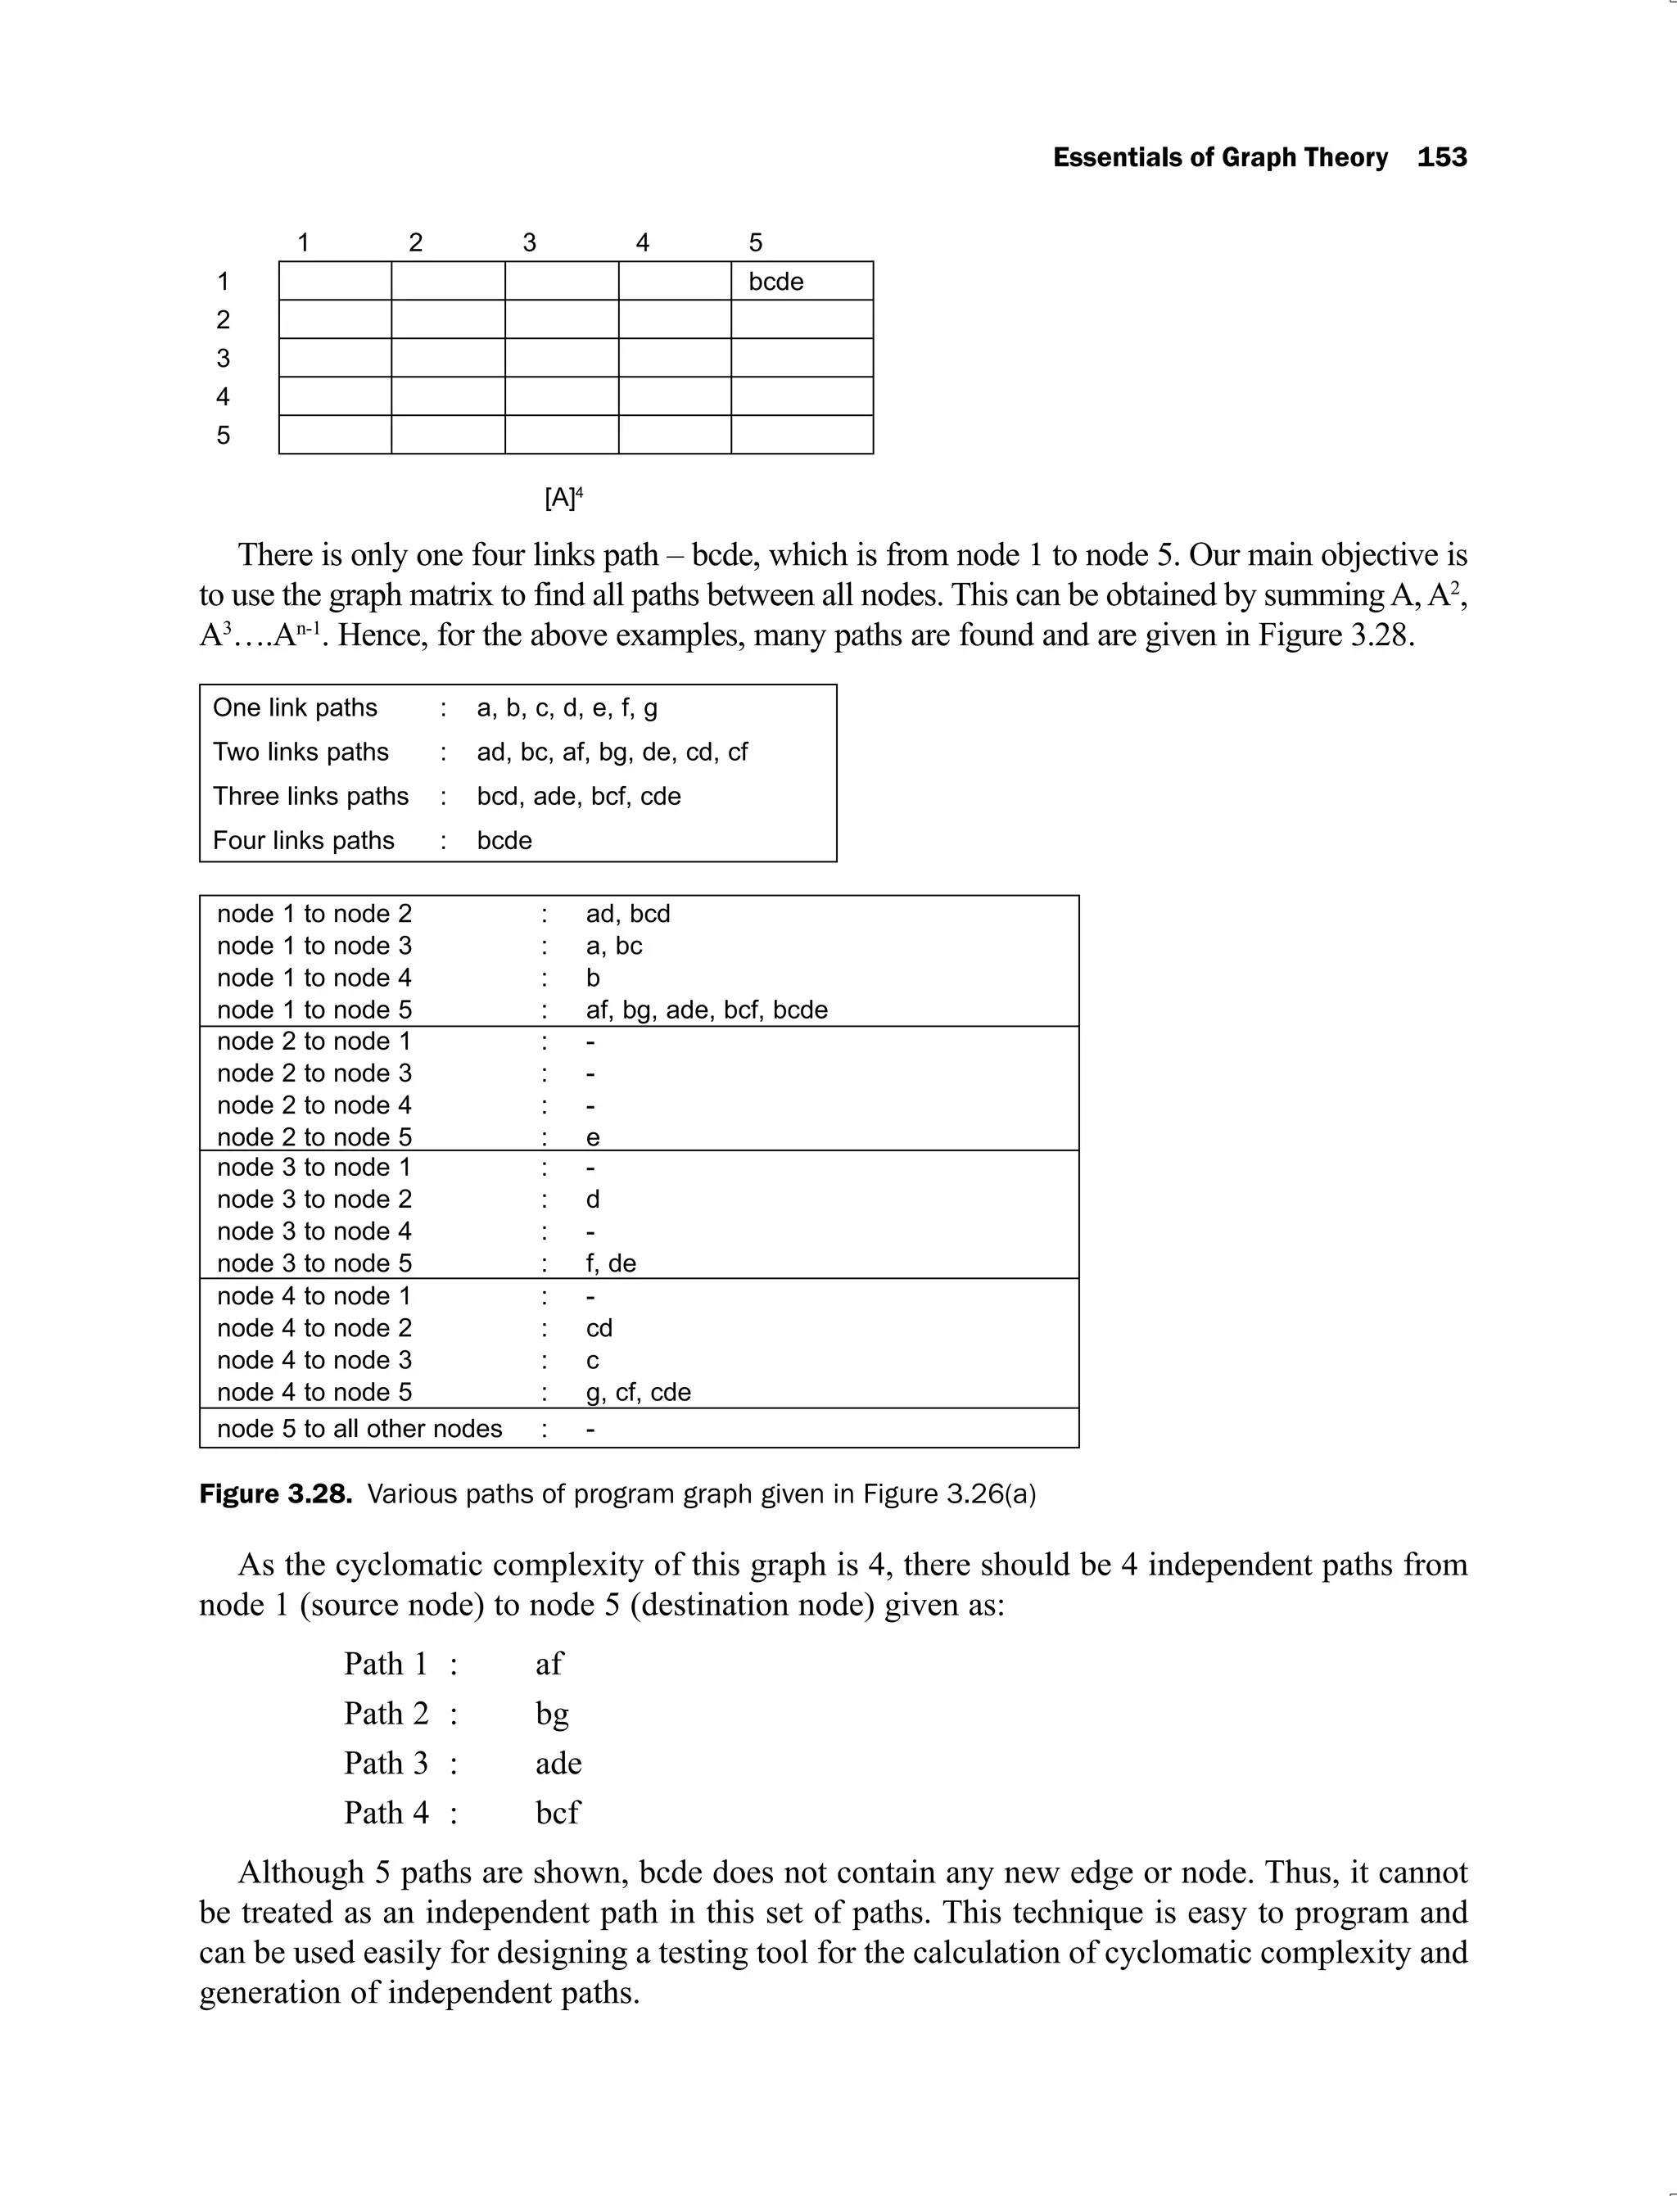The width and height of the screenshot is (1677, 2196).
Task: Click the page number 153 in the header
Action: click(1441, 158)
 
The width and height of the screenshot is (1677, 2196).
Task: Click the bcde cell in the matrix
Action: click(775, 282)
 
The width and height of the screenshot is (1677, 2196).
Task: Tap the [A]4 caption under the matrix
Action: click(563, 497)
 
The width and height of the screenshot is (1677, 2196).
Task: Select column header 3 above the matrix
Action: click(529, 242)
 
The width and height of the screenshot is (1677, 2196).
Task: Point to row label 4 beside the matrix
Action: click(223, 397)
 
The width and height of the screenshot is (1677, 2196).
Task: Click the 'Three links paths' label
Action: click(310, 796)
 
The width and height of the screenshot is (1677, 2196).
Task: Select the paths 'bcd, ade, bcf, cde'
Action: click(579, 796)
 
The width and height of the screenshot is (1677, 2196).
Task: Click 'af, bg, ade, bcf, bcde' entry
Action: click(707, 1010)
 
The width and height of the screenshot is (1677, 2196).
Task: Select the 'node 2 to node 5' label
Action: click(314, 1137)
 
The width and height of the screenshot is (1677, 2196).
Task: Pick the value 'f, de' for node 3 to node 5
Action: click(611, 1263)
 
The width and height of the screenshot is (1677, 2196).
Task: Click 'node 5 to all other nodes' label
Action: click(359, 1429)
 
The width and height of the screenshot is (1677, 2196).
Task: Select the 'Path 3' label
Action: click(386, 1763)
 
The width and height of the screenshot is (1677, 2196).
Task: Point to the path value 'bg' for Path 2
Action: click(552, 1714)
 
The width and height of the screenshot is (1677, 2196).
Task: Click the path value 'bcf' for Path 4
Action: click(557, 1812)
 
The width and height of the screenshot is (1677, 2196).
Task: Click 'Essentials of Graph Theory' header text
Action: click(1220, 158)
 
